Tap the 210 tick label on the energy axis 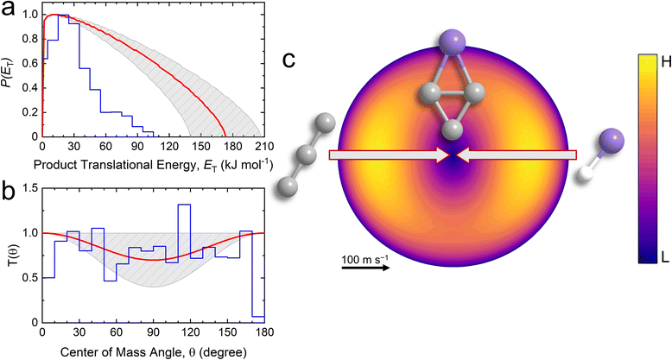264,148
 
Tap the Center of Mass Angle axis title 154,351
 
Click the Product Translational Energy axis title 154,166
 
